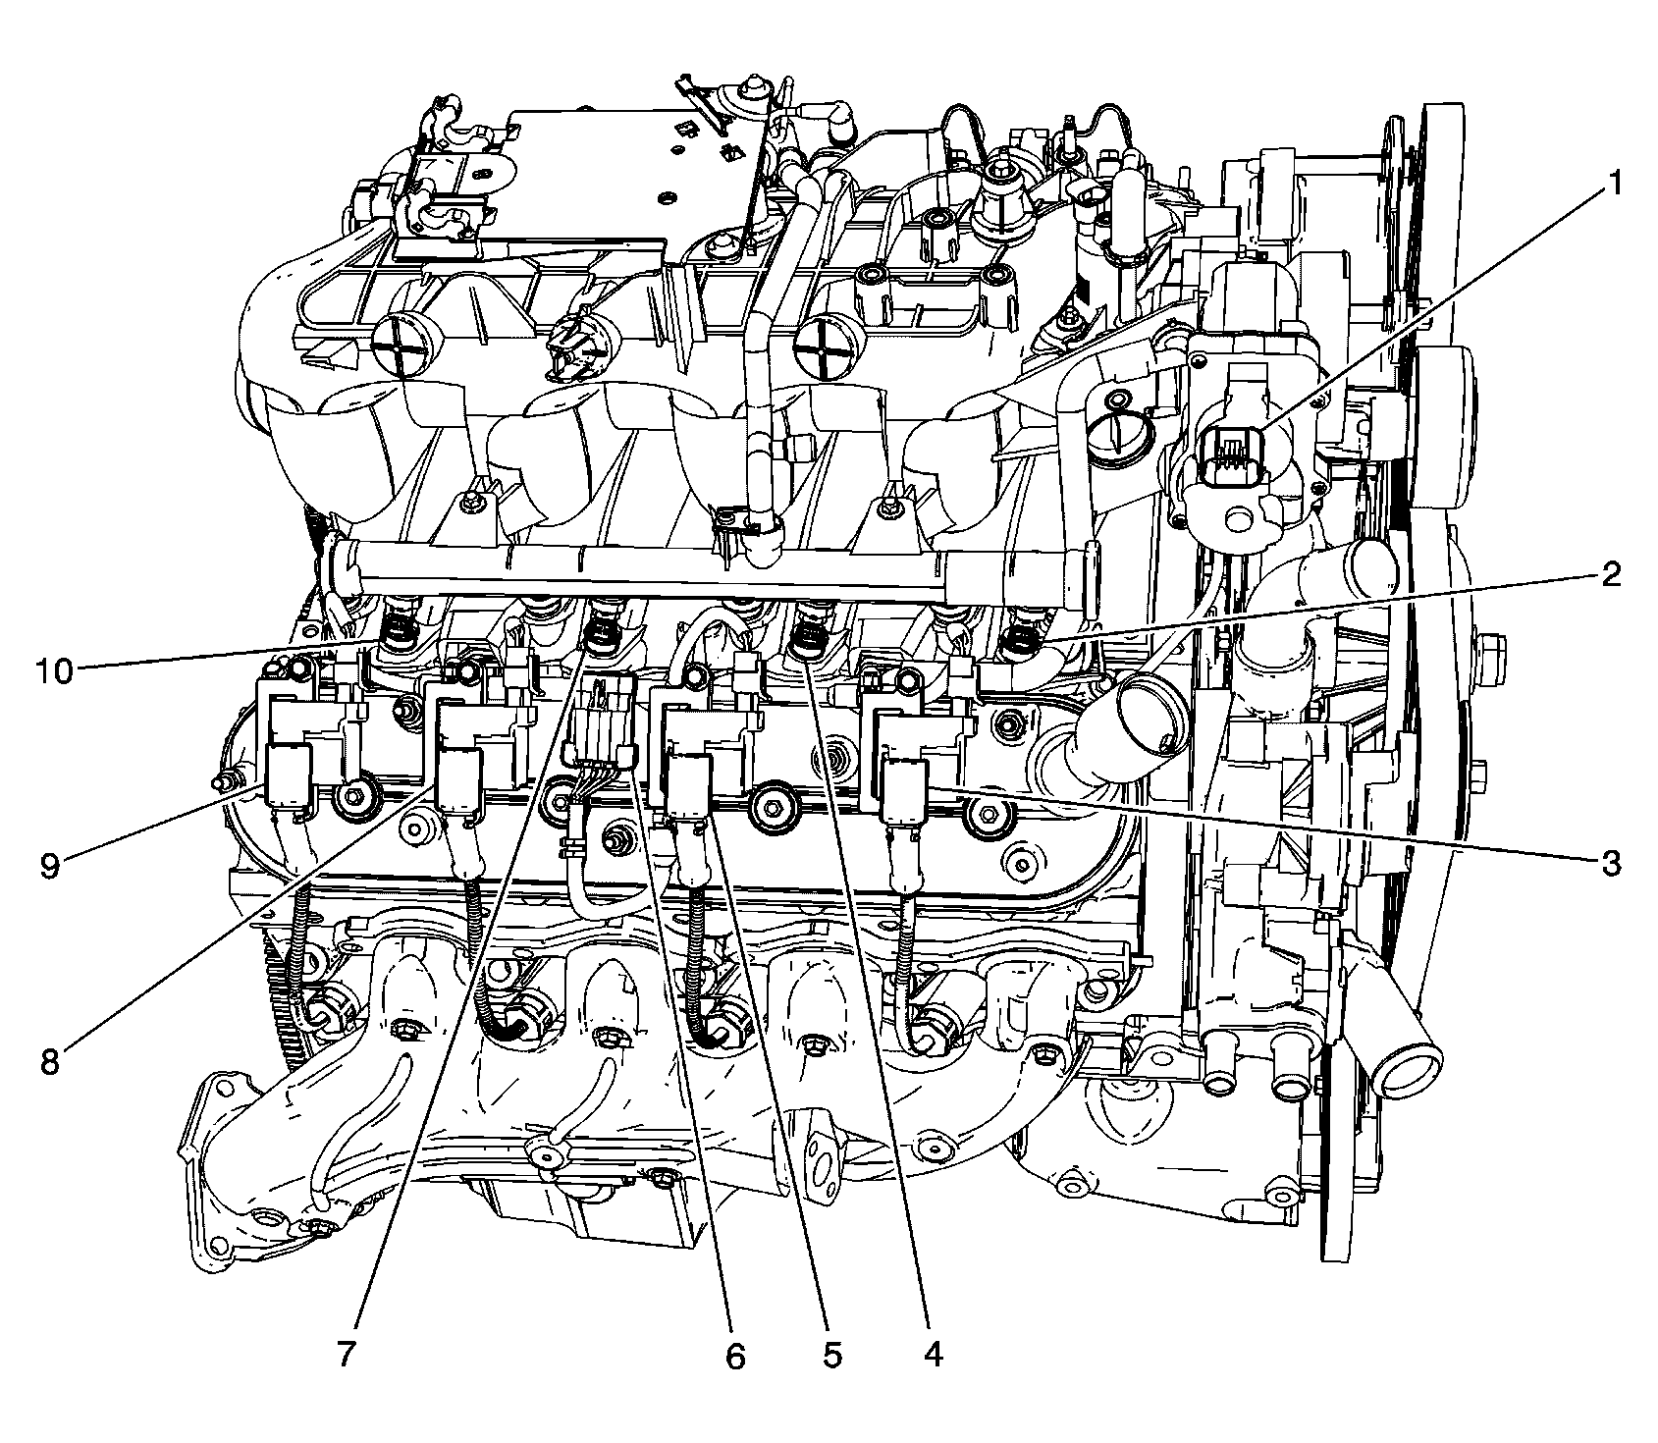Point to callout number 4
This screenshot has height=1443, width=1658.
coord(933,1355)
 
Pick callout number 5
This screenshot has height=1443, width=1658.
coord(831,1355)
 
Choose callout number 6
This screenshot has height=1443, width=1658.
coord(734,1355)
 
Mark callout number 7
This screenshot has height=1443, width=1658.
coord(345,1355)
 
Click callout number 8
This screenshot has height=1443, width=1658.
coord(49,1061)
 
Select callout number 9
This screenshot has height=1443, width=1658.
coord(49,865)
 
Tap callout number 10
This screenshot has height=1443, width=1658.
coord(55,673)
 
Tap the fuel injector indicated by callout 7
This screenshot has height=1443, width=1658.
coord(599,635)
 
